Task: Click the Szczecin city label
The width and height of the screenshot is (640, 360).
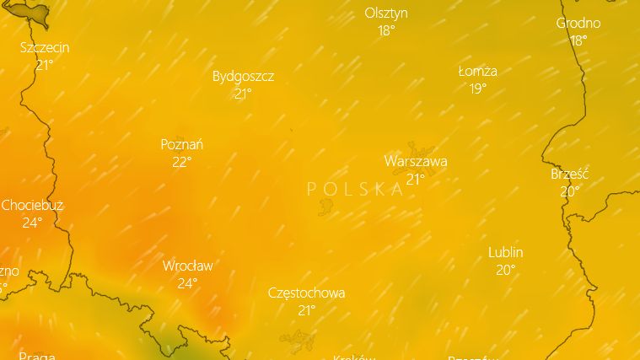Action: coord(45,48)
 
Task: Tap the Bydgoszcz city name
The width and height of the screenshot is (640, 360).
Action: coord(243,76)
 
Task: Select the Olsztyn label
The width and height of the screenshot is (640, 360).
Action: coord(386,13)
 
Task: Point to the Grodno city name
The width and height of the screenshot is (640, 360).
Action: coord(578,23)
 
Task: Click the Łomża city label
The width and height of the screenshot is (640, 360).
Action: coord(478,71)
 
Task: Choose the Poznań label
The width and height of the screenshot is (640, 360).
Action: coord(182,144)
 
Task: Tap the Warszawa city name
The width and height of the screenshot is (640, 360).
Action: coord(416,161)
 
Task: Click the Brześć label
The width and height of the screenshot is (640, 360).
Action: coord(570,174)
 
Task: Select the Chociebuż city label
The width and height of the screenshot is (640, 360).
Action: coord(32,205)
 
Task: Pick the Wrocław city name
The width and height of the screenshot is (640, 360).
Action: coord(187,266)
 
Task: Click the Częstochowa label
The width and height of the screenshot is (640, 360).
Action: coord(306,293)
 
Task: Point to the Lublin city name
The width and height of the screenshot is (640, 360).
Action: coord(506,252)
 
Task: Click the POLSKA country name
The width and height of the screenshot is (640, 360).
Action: coord(356,189)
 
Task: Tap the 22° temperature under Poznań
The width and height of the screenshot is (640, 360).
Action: coord(182,162)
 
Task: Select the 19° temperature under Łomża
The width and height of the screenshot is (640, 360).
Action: coord(478,89)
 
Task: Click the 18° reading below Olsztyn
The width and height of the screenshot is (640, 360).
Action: coord(386,30)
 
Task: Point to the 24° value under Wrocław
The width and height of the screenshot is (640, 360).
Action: coord(187,283)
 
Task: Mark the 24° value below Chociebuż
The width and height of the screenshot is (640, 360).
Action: coord(32,223)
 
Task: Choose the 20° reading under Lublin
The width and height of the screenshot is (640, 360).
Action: coord(506,270)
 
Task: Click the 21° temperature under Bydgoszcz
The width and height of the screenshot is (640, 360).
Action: coord(243,94)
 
